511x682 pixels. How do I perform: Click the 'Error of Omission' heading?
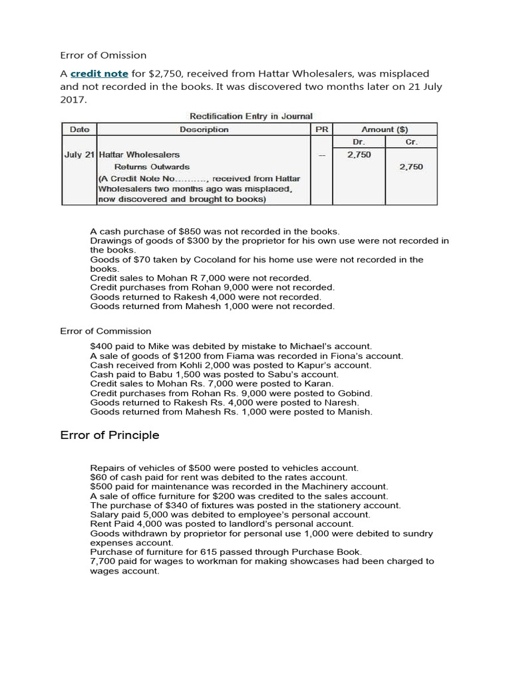pos(103,55)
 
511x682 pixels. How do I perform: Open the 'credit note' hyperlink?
pos(99,73)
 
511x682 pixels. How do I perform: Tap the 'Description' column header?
pos(204,129)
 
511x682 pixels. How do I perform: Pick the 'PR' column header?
pos(321,129)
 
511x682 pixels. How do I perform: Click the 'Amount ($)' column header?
pos(385,129)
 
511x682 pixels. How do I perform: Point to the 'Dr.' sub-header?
pos(359,142)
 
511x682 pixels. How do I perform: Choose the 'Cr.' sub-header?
pos(412,142)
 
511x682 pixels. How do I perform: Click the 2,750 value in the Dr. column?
pos(359,155)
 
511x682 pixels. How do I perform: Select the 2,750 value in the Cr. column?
pos(411,167)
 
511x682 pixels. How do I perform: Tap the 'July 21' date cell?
pos(79,155)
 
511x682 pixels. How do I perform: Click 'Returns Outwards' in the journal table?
pos(152,167)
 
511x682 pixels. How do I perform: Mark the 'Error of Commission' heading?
pos(105,331)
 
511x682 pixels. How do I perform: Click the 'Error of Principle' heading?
pos(110,436)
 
